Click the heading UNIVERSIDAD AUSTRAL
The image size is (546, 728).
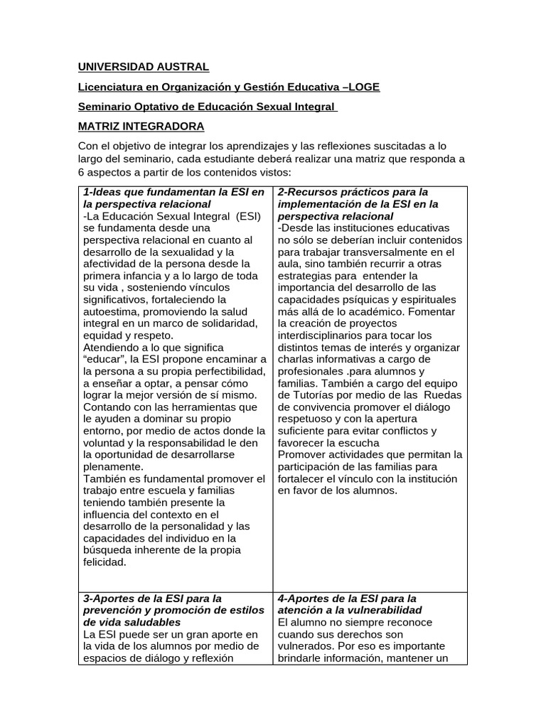pyautogui.click(x=143, y=67)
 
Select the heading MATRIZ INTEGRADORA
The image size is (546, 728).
pyautogui.click(x=141, y=127)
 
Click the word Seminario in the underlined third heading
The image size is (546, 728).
pyautogui.click(x=102, y=107)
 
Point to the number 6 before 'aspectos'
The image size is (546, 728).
pyautogui.click(x=82, y=173)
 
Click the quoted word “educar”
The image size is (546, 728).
pyautogui.click(x=106, y=360)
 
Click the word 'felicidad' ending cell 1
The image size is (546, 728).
pyautogui.click(x=105, y=562)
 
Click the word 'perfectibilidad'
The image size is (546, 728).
pyautogui.click(x=227, y=372)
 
